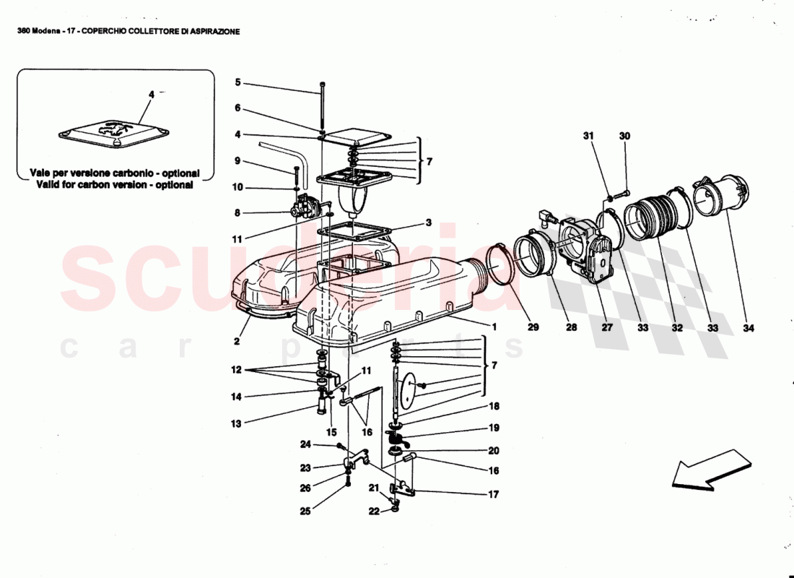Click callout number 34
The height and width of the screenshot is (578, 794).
pyautogui.click(x=748, y=327)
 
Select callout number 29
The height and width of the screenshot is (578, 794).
pyautogui.click(x=533, y=327)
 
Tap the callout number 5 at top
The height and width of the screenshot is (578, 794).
pyautogui.click(x=237, y=82)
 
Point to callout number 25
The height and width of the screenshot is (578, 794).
pyautogui.click(x=306, y=511)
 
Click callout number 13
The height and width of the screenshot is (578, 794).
pyautogui.click(x=236, y=423)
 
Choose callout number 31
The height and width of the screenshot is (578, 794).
pyautogui.click(x=588, y=136)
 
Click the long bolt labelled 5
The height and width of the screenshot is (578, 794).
pyautogui.click(x=323, y=108)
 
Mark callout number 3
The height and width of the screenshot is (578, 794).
pyautogui.click(x=428, y=223)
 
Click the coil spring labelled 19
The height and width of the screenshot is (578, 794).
pyautogui.click(x=395, y=437)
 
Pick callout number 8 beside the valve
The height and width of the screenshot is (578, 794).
pyautogui.click(x=237, y=213)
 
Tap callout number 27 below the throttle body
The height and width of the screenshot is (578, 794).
pyautogui.click(x=607, y=327)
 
